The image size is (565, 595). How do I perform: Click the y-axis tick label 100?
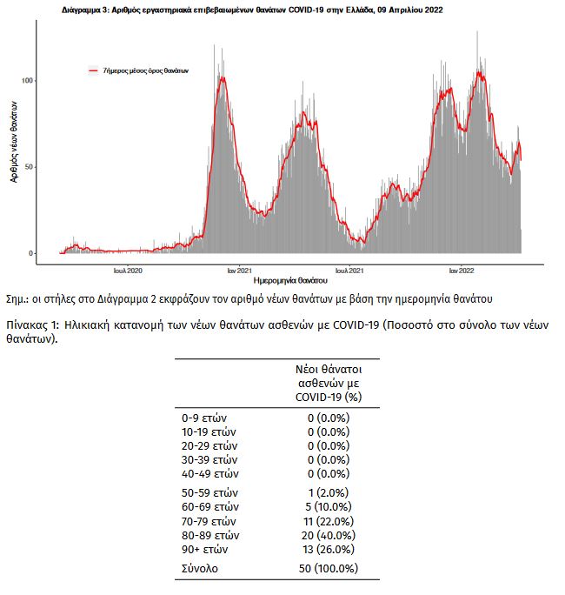pos(27,80)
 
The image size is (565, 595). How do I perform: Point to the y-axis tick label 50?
pos(30,167)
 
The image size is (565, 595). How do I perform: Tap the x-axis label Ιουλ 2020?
pos(128,271)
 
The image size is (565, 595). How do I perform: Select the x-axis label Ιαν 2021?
pos(240,271)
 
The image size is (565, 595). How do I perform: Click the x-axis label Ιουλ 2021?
pos(349,271)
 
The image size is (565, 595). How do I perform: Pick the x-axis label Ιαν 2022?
pos(462,271)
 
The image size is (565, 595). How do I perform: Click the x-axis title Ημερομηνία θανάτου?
pos(290,281)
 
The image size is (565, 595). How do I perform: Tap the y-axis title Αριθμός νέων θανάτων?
pos(14,142)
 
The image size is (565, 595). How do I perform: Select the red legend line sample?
pos(93,70)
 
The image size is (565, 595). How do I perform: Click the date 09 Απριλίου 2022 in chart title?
pos(410,10)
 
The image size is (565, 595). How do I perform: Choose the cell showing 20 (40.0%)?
pos(329,536)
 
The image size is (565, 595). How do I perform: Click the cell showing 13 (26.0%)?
pos(329,550)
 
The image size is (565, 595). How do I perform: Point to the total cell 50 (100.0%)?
pos(329,568)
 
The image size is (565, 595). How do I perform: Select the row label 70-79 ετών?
pos(209,522)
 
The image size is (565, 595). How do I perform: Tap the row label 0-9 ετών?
pos(204,418)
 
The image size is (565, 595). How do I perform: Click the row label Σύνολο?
pos(200,569)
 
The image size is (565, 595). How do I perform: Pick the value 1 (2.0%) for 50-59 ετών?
pos(329,493)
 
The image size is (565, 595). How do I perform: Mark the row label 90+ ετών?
pos(205,550)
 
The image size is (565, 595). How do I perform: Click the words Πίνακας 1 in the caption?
pos(33,325)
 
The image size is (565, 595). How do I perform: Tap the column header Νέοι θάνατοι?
pos(329,369)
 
